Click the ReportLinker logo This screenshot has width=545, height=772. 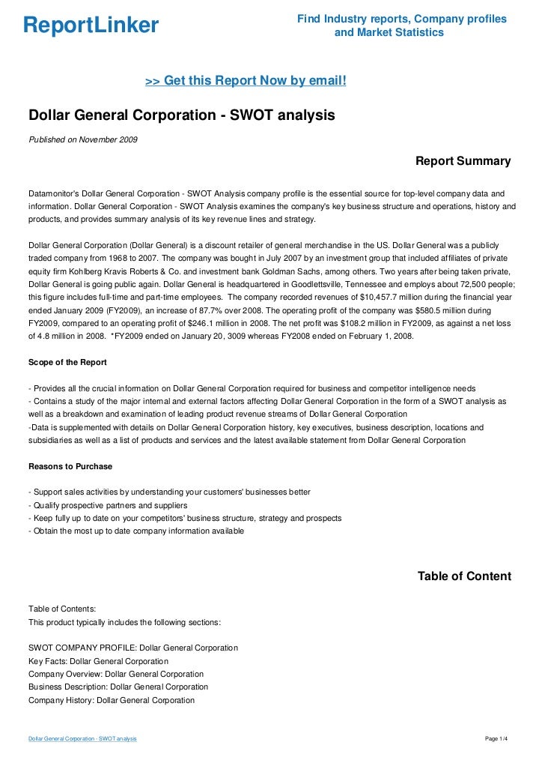pos(91,26)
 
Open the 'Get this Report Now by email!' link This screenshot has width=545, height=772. pos(246,79)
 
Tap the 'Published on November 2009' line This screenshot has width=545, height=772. pos(82,139)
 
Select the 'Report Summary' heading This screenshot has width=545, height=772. pos(463,161)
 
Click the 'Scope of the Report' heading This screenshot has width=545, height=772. pos(67,363)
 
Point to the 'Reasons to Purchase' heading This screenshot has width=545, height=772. pos(70,466)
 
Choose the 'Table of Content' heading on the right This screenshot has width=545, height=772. pos(464,576)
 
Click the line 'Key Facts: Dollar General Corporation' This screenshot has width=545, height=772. pos(98,661)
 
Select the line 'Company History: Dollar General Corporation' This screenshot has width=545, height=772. pos(111,700)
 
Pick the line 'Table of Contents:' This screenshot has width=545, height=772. pos(62,609)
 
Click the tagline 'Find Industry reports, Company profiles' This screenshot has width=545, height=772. pos(401,19)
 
